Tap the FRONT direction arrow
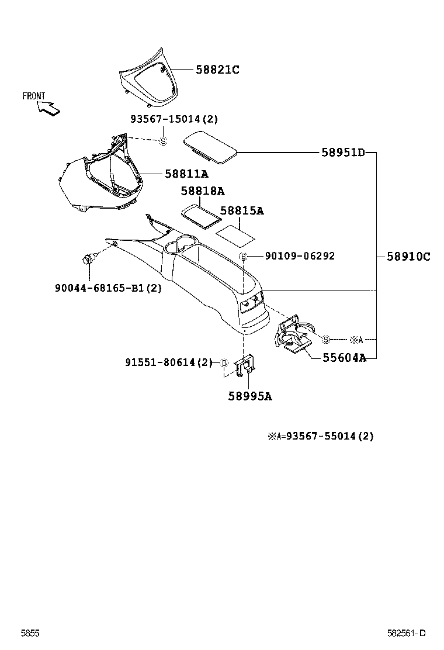point(47,108)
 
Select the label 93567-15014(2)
point(174,119)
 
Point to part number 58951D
point(343,153)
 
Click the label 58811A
point(186,174)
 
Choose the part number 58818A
point(202,191)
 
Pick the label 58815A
point(242,211)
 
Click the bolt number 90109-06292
point(300,256)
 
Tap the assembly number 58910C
point(408,256)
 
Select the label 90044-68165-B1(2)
point(108,288)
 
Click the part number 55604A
point(344,358)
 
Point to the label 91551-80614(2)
point(169,362)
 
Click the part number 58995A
point(250,396)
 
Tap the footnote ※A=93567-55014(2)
point(320,435)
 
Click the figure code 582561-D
point(407,634)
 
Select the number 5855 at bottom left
point(30,634)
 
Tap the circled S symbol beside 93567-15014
point(164,140)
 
